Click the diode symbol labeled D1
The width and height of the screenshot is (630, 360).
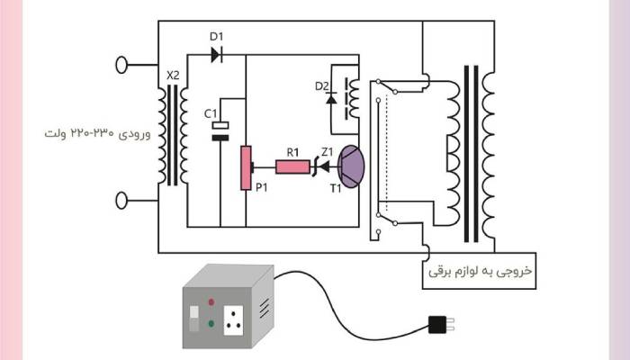point(216,54)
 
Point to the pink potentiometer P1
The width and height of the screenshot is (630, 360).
point(244,166)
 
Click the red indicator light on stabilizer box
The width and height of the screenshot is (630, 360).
point(210,302)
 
